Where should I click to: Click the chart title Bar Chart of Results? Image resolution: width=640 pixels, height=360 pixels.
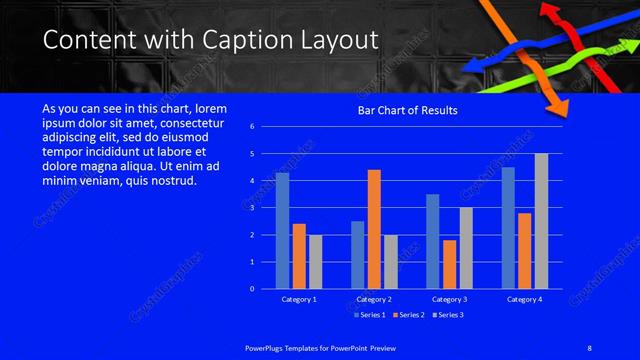pyautogui.click(x=407, y=110)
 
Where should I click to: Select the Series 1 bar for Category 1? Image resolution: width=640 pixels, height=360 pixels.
pyautogui.click(x=282, y=230)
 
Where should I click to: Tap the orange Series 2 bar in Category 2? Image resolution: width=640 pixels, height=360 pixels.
pyautogui.click(x=374, y=229)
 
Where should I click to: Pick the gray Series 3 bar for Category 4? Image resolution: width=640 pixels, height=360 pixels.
pyautogui.click(x=541, y=221)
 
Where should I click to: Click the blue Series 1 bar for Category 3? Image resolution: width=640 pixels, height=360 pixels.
pyautogui.click(x=432, y=241)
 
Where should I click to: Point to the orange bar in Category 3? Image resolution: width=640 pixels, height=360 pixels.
pyautogui.click(x=449, y=264)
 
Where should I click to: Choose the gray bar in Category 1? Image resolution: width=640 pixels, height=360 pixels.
pyautogui.click(x=316, y=261)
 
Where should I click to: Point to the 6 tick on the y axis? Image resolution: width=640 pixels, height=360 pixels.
pyautogui.click(x=252, y=127)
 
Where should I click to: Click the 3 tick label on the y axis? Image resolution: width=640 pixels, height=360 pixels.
pyautogui.click(x=252, y=208)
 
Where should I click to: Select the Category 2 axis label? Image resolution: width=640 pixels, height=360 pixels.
pyautogui.click(x=374, y=299)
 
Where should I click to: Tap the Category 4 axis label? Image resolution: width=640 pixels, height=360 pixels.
pyautogui.click(x=524, y=299)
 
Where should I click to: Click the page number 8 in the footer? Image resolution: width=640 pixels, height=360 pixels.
pyautogui.click(x=589, y=347)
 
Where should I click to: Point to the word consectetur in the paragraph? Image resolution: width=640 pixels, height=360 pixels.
pyautogui.click(x=194, y=123)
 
